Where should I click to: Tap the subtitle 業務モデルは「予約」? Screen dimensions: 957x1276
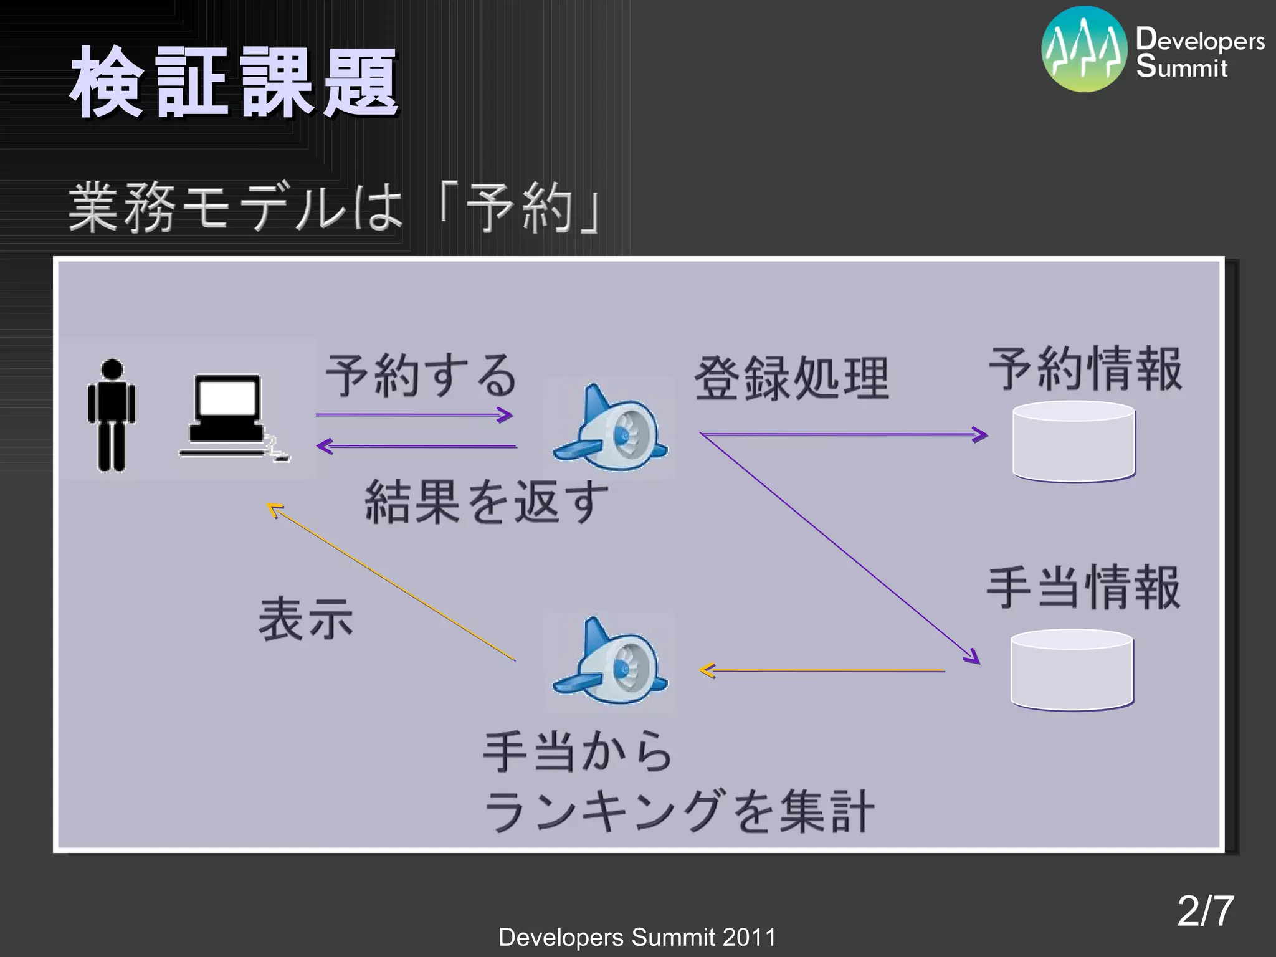point(335,207)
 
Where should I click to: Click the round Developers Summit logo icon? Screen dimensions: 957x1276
point(1084,50)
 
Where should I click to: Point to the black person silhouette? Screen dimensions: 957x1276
point(112,415)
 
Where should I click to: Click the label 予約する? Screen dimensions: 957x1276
point(421,376)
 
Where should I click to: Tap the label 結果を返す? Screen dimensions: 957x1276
point(486,502)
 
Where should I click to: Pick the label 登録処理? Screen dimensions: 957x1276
point(791,379)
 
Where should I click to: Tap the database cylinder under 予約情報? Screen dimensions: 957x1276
point(1074,442)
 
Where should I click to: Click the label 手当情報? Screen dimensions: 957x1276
point(1084,588)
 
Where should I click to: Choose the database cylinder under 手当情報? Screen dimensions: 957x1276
point(1072,670)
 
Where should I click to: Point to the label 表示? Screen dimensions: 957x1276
point(306,619)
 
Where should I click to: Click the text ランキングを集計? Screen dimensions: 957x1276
point(679,811)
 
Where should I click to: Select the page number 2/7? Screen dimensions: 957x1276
point(1205,911)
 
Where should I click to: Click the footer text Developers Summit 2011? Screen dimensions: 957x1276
point(637,937)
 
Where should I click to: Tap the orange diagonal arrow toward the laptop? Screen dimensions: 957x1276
point(393,583)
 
